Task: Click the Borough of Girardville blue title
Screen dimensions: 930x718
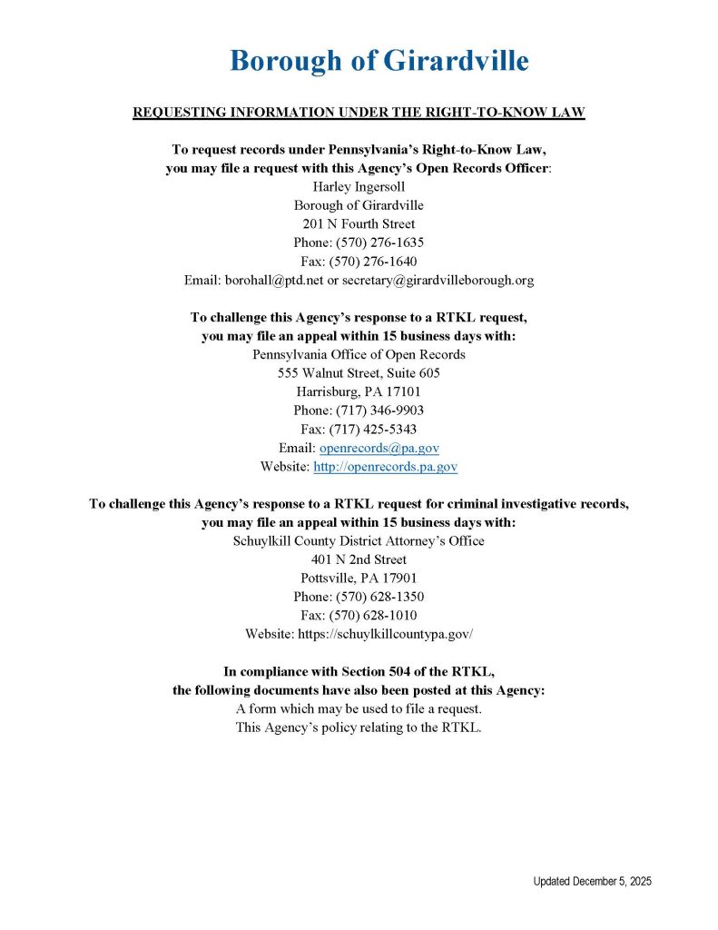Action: tap(379, 61)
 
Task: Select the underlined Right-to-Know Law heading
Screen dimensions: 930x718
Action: tap(359, 113)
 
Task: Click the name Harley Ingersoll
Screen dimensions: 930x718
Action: tap(359, 187)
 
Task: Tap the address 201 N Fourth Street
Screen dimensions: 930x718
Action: tap(359, 224)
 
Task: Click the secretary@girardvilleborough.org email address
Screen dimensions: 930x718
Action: tap(438, 281)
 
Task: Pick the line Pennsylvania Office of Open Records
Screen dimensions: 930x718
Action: tap(359, 354)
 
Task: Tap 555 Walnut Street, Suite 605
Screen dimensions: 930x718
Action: tap(359, 373)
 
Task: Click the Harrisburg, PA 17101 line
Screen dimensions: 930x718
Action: tap(359, 391)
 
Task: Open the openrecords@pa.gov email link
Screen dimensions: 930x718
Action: tap(379, 448)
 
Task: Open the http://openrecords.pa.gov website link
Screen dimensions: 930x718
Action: tap(385, 467)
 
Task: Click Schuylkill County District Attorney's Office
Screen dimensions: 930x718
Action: tap(359, 540)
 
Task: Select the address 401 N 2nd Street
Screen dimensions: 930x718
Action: tap(359, 559)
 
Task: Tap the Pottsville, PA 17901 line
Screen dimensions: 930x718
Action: tap(359, 578)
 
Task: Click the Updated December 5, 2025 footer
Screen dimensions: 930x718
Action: tap(592, 882)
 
